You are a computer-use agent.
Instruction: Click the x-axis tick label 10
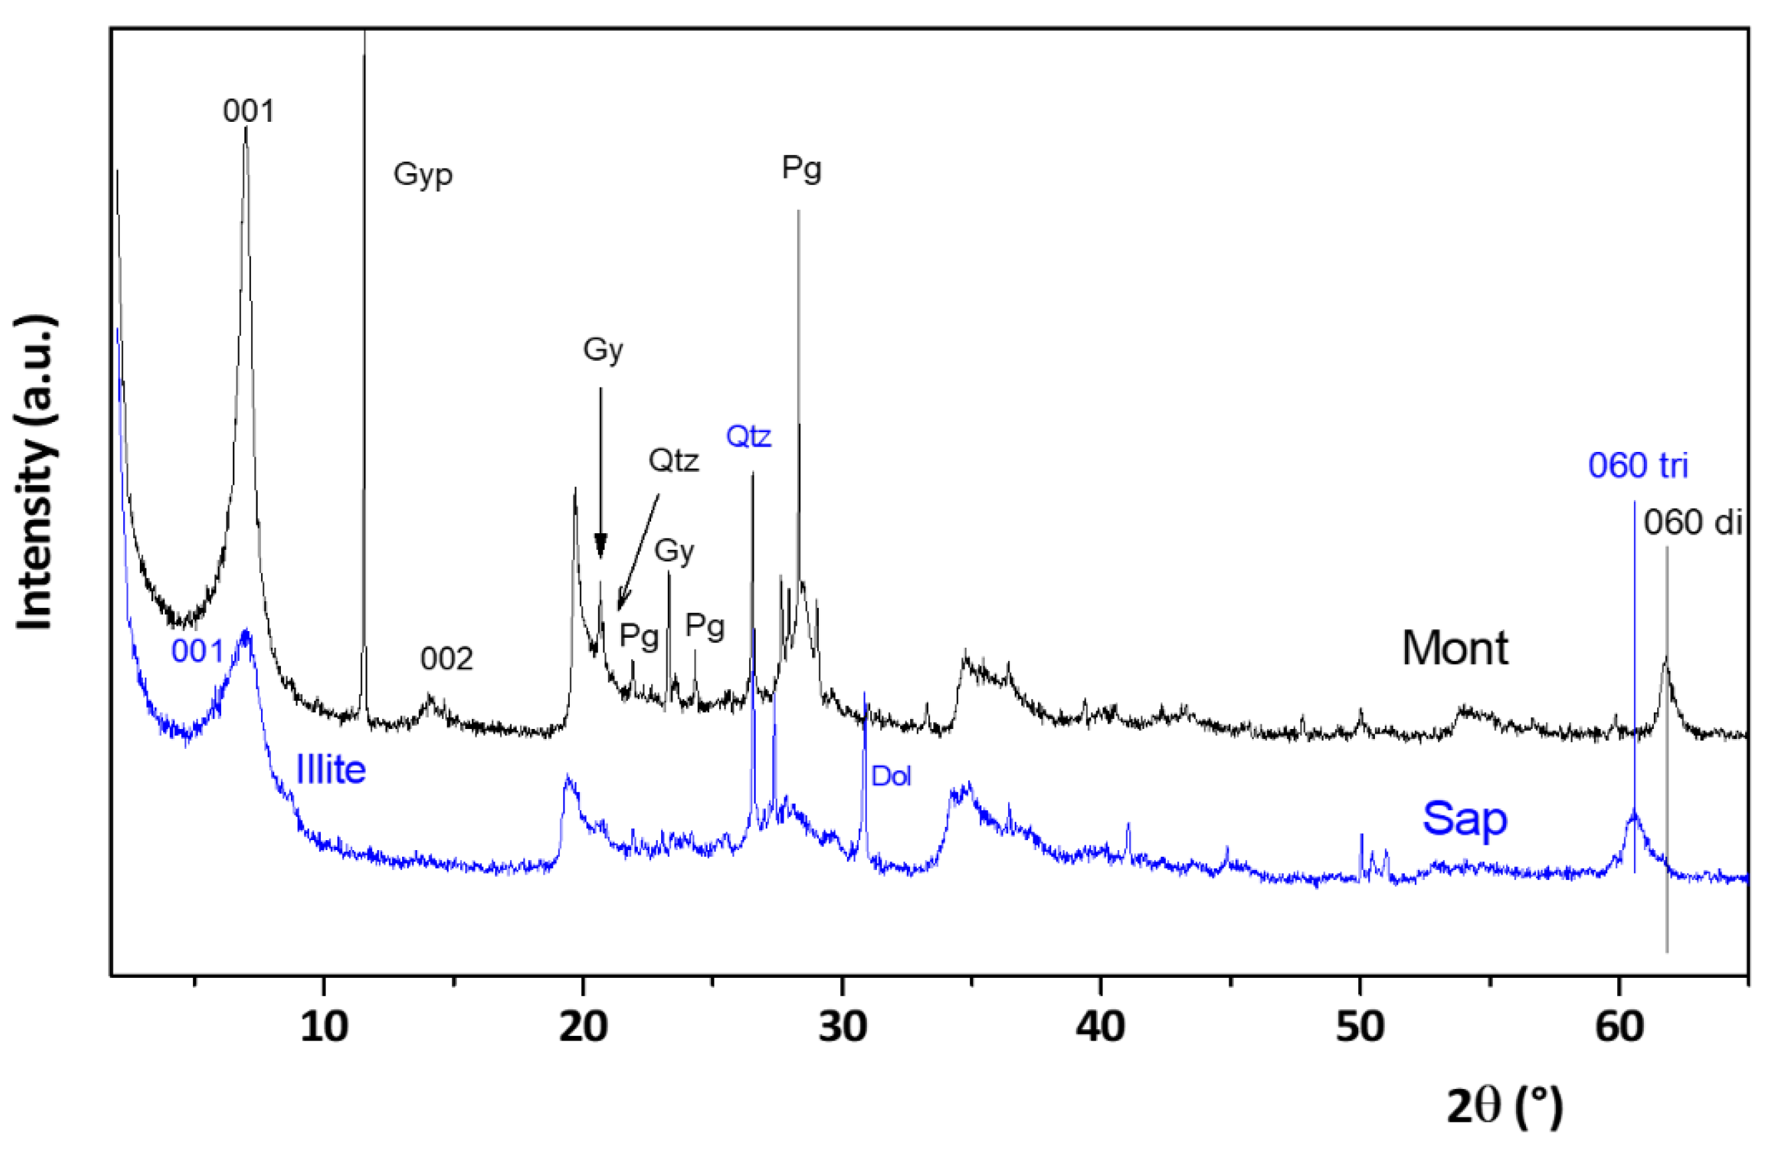pos(324,1027)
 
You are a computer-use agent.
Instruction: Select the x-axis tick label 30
pos(842,1027)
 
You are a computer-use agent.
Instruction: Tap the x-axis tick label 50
pos(1360,1027)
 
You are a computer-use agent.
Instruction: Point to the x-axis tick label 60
pos(1619,1027)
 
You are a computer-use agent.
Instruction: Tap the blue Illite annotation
pos(331,770)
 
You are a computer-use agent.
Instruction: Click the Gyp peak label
pos(422,174)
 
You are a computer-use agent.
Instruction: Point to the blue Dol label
pos(891,777)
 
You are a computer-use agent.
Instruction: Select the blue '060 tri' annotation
pos(1637,465)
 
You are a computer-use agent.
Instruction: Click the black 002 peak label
pos(446,659)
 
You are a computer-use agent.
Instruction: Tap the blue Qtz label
pos(748,437)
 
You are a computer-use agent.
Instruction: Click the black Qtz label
pos(673,461)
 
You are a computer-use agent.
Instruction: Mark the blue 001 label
pos(197,651)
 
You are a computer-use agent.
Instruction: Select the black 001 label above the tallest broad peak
pos(248,111)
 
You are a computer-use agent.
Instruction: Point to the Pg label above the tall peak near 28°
pos(802,168)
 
